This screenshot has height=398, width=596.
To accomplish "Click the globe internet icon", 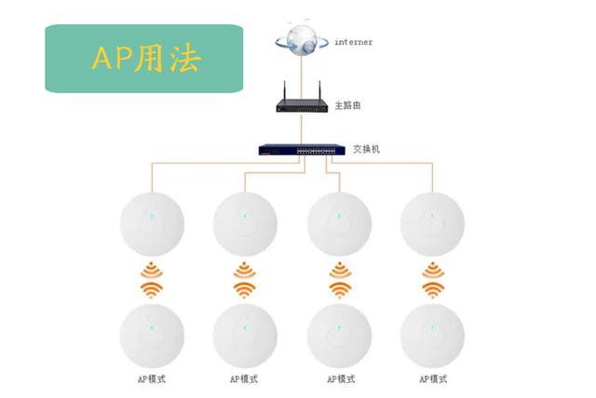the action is click(302, 39).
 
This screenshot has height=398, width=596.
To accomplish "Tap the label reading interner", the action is click(354, 42).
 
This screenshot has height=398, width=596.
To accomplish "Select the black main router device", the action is click(302, 102).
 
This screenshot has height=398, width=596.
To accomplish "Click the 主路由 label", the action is click(347, 105).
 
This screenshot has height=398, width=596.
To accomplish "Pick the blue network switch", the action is click(302, 149).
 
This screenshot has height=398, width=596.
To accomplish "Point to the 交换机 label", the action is click(366, 149).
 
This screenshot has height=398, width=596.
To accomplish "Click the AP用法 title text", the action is click(146, 59).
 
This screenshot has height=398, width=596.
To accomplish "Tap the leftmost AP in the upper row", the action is click(152, 224).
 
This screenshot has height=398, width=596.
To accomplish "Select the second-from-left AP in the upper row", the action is click(245, 224).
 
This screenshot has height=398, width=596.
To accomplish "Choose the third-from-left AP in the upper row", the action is click(339, 224).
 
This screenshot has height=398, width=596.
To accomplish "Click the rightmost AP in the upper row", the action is click(432, 224).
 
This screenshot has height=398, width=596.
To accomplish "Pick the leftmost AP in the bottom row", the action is click(152, 336).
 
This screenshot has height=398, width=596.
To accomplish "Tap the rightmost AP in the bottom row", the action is click(432, 336).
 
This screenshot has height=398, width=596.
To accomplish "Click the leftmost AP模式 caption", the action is click(152, 379).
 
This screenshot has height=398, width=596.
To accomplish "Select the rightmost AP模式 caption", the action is click(433, 379).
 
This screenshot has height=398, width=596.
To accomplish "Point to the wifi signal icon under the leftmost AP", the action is click(152, 280).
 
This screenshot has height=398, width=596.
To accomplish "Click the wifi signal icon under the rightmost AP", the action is click(433, 280).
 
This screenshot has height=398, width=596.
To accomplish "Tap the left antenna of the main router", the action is click(284, 90).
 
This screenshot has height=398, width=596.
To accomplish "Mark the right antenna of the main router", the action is click(319, 90).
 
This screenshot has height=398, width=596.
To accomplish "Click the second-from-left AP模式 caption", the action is click(244, 379).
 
